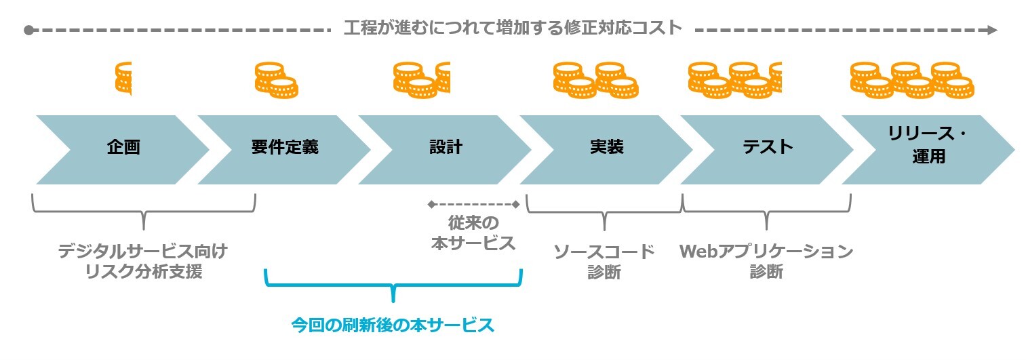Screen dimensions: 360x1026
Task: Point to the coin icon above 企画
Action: [x=123, y=77]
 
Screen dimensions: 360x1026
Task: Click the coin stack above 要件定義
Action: [x=276, y=79]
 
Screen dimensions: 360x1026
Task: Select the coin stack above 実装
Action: [x=595, y=79]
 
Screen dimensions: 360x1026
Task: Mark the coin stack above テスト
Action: [x=735, y=79]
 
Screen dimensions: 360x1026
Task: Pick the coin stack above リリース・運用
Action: [x=911, y=79]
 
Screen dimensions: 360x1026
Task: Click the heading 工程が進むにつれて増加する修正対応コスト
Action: [x=512, y=28]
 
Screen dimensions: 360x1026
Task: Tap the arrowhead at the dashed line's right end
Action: [x=992, y=30]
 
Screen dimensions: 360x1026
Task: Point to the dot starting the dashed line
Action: [x=28, y=31]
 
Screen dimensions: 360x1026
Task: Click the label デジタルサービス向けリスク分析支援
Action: [x=142, y=262]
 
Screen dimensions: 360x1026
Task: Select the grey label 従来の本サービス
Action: [x=473, y=233]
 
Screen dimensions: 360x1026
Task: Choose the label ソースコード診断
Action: [x=604, y=262]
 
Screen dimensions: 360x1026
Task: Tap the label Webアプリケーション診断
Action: [x=766, y=262]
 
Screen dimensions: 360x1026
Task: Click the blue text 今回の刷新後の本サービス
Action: [x=393, y=325]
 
